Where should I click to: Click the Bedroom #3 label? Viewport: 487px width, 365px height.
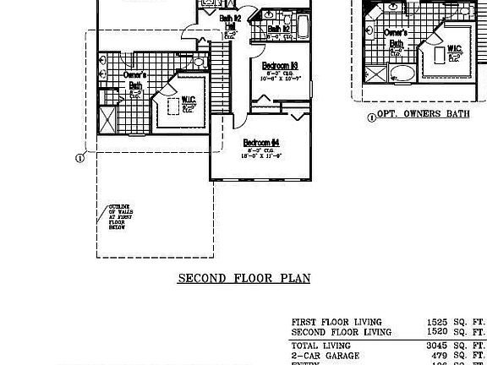click(279, 65)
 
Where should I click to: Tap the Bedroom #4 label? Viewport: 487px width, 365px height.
click(261, 142)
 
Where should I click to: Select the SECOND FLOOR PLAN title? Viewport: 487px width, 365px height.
click(243, 278)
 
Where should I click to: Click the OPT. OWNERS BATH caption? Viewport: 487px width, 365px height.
click(424, 114)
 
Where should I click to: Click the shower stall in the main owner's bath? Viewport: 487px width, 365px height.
click(107, 119)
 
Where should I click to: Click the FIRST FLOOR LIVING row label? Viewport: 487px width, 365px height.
click(337, 322)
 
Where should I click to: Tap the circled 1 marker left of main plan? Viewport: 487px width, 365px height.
click(79, 157)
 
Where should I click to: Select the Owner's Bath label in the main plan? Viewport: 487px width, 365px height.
click(134, 81)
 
